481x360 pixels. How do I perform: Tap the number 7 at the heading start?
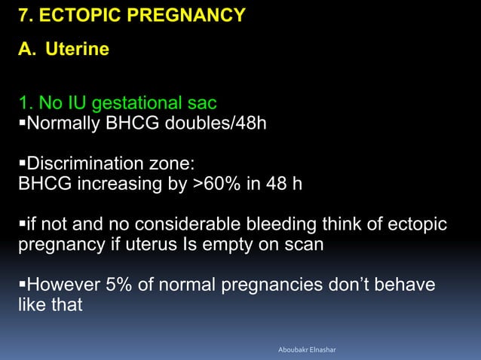(x=23, y=16)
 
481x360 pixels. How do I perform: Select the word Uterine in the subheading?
(x=77, y=50)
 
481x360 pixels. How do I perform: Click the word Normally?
(x=62, y=123)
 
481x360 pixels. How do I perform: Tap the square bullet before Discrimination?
(x=22, y=164)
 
